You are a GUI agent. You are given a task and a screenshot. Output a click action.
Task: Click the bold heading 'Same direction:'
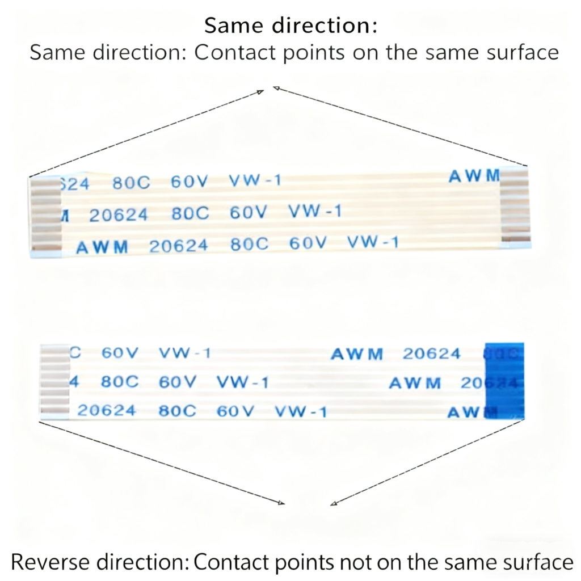tap(290, 26)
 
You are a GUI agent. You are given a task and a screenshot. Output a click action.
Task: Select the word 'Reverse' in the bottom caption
tap(49, 562)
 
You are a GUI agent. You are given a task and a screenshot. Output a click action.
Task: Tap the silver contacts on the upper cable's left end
tap(45, 214)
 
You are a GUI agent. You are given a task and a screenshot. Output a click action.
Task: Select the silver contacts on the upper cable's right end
tap(515, 207)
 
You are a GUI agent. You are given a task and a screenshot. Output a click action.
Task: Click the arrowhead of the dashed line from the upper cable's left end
tap(262, 91)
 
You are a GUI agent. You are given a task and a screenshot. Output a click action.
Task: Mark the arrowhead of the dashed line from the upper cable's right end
tap(276, 87)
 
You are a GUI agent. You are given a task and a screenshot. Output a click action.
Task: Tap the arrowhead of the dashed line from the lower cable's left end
tap(281, 502)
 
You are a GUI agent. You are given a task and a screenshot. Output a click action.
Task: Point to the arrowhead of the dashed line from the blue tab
tap(333, 503)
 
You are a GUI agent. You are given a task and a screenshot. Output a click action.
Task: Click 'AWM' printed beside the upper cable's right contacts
tap(474, 176)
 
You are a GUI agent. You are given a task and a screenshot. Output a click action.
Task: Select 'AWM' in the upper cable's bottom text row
tap(102, 247)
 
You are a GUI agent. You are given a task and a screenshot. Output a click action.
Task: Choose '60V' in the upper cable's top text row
tap(190, 182)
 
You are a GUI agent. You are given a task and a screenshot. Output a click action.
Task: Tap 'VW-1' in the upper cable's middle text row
tap(315, 212)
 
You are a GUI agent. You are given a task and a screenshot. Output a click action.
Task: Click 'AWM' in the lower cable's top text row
tap(357, 355)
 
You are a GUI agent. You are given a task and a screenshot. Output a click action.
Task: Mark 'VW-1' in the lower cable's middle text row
tap(242, 382)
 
